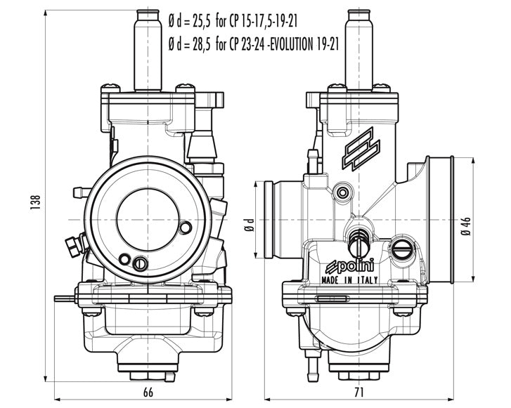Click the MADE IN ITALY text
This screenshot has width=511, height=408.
pos(349,279)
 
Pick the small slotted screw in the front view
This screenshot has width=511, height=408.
pos(140,263)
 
